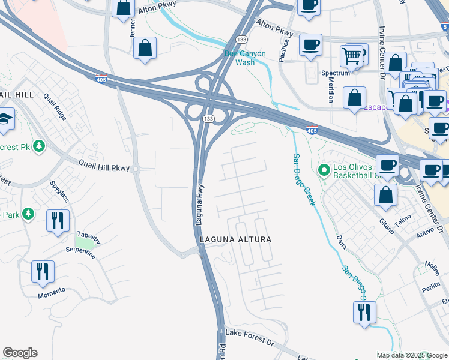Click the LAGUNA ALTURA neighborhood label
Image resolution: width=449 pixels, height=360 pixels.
click(x=235, y=239)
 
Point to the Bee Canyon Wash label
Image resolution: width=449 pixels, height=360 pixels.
click(x=244, y=58)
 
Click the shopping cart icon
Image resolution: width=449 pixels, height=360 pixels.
click(x=351, y=57)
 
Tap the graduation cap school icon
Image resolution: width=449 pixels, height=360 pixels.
click(x=5, y=119)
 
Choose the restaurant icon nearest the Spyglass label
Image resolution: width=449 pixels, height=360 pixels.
click(x=58, y=220)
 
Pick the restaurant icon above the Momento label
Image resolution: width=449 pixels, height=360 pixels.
click(x=43, y=271)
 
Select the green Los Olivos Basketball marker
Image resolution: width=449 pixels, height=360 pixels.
click(x=325, y=171)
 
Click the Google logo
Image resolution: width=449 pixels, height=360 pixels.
click(x=20, y=353)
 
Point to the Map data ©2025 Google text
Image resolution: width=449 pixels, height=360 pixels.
click(x=411, y=355)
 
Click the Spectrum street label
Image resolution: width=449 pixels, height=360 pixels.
click(x=335, y=73)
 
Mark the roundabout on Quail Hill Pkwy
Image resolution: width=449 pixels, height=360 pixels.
click(x=136, y=169)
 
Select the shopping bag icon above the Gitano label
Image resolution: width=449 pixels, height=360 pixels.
click(x=385, y=194)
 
